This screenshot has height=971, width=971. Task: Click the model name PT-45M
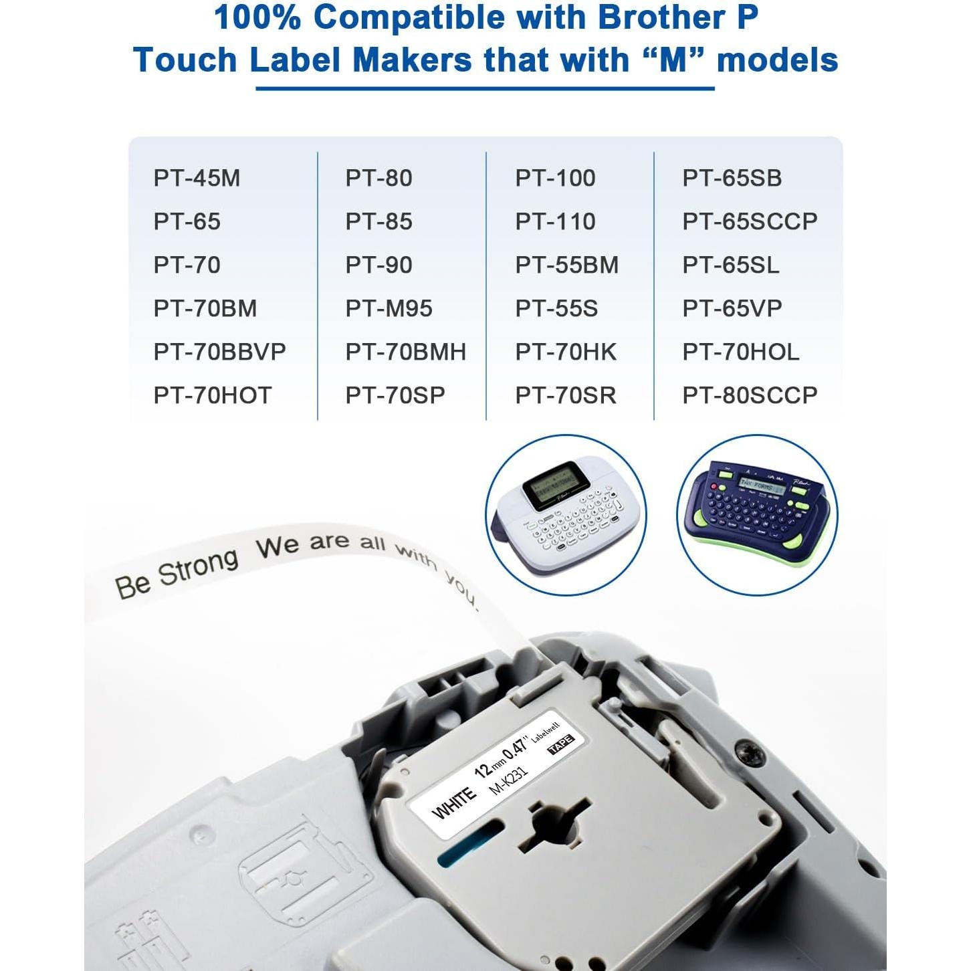tap(197, 178)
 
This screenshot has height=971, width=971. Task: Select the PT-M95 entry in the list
tap(389, 308)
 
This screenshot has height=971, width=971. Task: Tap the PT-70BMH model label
tap(405, 352)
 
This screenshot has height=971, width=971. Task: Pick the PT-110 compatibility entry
tap(555, 221)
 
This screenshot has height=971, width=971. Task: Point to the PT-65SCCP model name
tap(750, 221)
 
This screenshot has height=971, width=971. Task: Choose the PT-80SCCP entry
tap(750, 395)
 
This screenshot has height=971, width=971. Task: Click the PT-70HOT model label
tap(213, 395)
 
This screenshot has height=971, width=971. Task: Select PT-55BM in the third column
tap(566, 265)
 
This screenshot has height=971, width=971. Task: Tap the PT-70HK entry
tap(566, 352)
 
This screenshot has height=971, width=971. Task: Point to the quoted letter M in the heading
tap(673, 60)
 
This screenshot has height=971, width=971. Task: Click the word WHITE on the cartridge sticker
tap(454, 803)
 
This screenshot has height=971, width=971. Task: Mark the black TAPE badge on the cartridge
tap(560, 744)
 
